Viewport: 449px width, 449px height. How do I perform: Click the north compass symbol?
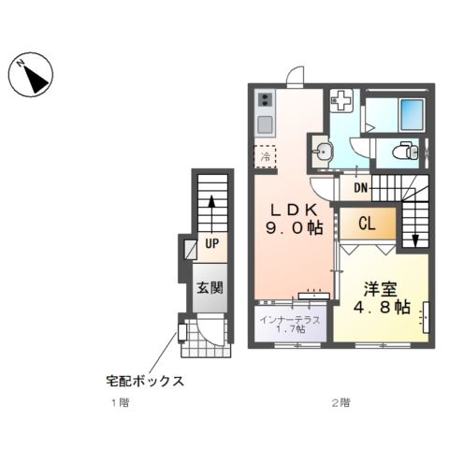(34, 77)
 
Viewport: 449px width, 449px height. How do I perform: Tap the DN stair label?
(360, 188)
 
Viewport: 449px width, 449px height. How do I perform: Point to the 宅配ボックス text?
(144, 382)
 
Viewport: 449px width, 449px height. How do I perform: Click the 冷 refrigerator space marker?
(266, 156)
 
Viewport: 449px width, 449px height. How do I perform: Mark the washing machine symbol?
(341, 99)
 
